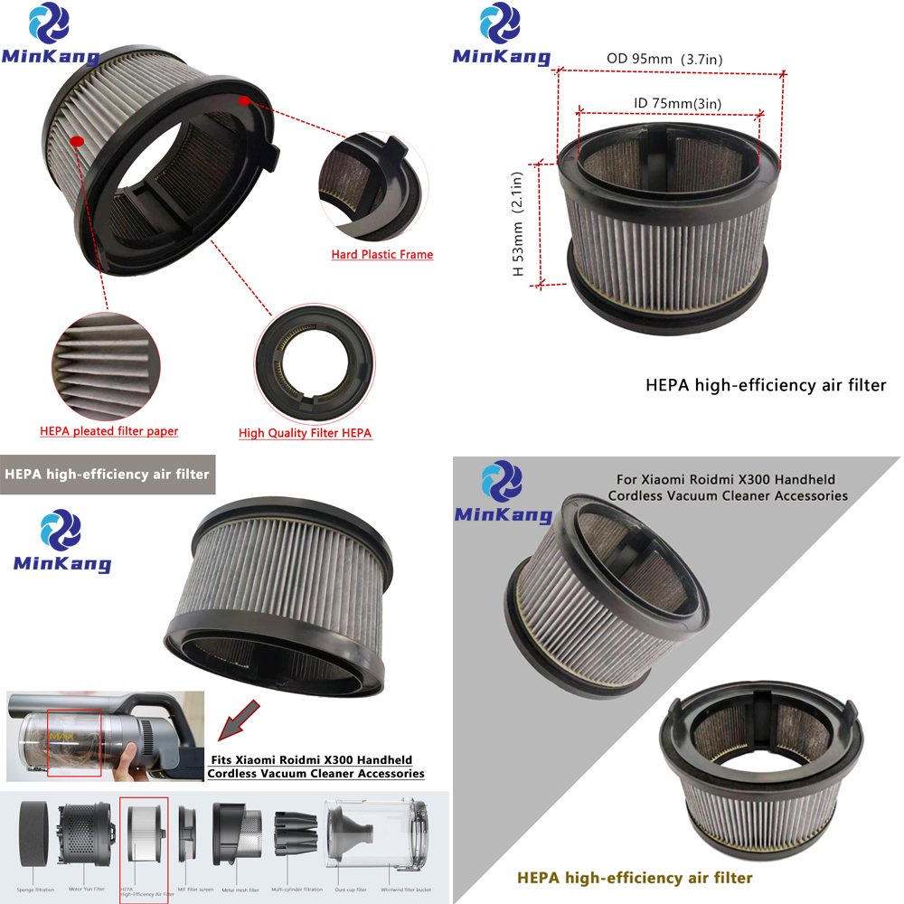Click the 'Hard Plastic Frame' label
[x=381, y=255]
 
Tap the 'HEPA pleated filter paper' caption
[x=108, y=431]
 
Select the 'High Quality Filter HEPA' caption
[x=305, y=433]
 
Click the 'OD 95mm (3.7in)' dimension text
[x=664, y=60]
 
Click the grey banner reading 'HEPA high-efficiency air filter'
[x=108, y=474]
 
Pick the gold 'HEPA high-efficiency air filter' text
[x=633, y=877]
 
